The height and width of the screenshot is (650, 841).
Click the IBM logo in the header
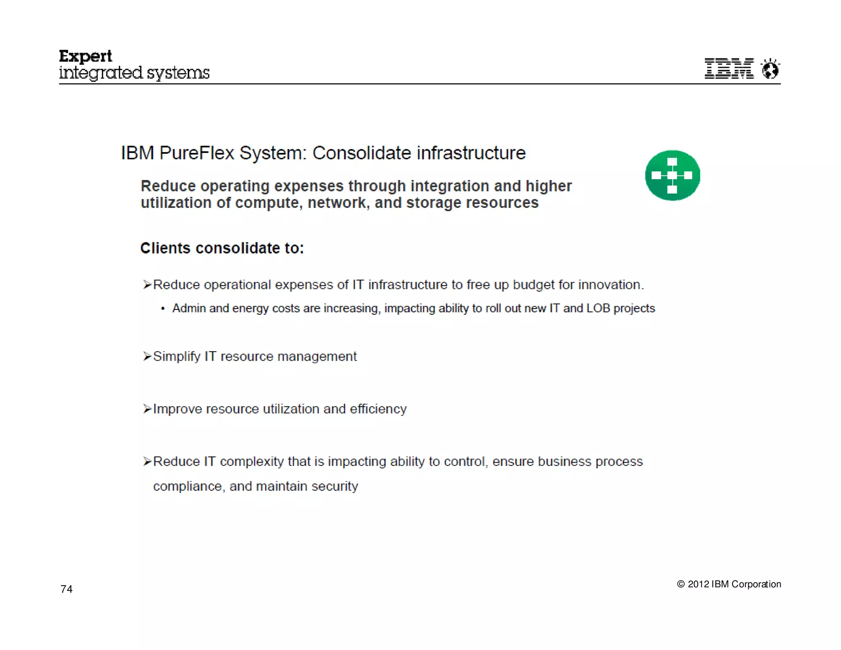click(729, 68)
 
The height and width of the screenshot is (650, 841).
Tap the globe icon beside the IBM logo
click(770, 69)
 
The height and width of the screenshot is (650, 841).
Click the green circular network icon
click(672, 175)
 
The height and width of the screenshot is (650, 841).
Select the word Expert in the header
click(85, 56)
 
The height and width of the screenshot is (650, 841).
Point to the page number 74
click(67, 589)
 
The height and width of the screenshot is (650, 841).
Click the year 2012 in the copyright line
click(698, 584)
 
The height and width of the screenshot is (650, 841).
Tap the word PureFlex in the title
click(197, 153)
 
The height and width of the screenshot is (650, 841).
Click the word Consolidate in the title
click(361, 153)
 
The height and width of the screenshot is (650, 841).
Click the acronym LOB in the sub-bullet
click(598, 308)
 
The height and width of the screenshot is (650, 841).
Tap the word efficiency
click(378, 409)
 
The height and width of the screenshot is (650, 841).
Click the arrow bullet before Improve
click(147, 409)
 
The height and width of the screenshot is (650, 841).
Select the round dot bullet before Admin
click(163, 309)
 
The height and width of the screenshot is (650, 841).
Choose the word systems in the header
click(178, 73)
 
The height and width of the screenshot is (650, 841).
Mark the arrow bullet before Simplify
click(147, 356)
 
